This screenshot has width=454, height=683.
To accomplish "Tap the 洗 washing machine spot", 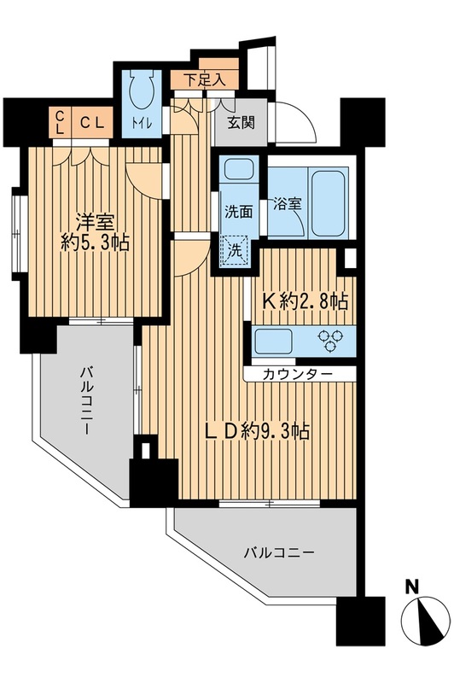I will coord(234,252).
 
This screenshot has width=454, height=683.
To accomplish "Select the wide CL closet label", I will coord(92,123).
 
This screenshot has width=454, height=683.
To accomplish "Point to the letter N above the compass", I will coord(411,588).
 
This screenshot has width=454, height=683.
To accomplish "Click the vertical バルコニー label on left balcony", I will coord(88,402).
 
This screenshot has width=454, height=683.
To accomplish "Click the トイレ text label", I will coord(141,125).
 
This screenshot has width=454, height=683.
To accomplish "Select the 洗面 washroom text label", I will coord(237,212).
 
